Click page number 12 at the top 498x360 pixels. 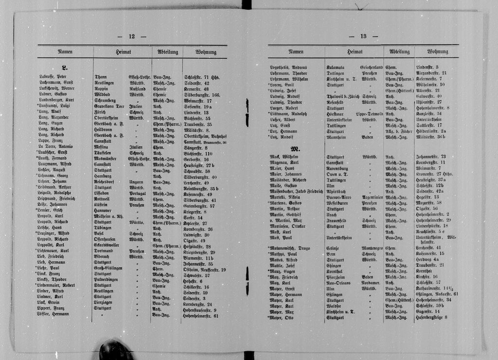point(131,36)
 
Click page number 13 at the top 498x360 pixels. point(363,36)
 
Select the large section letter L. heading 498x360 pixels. point(65,67)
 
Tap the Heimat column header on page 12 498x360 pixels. point(122,52)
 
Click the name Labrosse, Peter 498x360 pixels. point(53,77)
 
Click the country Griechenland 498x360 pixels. point(372,67)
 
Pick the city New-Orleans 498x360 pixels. point(339,283)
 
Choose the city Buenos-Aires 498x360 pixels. point(340,198)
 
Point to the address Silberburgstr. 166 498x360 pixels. point(202,95)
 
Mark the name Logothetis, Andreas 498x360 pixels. point(288,67)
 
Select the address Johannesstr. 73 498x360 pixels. point(431,157)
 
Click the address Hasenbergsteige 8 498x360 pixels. point(431,318)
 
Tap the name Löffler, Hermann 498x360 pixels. point(54,314)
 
